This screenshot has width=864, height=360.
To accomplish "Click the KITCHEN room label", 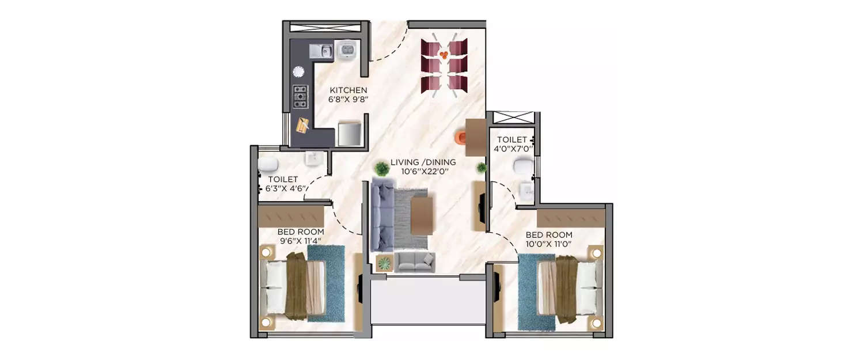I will [x=348, y=90].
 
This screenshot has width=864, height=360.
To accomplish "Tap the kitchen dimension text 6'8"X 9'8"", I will [x=348, y=99].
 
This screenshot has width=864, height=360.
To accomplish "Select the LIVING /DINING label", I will [x=423, y=162].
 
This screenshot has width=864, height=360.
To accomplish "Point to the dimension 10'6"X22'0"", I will [x=423, y=171].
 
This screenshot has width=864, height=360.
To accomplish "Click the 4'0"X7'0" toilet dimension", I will [x=512, y=149].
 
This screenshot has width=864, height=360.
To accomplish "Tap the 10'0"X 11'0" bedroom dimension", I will [x=549, y=244].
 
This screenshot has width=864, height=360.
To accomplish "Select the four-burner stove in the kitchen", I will [x=300, y=97].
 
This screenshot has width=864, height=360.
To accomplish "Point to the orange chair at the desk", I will [x=461, y=137].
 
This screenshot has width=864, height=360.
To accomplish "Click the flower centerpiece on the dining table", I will [x=444, y=55].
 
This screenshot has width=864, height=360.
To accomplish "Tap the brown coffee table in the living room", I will [x=422, y=216].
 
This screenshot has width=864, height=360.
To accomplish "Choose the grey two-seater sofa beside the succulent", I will [x=415, y=262].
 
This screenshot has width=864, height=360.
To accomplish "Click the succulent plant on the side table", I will [x=384, y=263].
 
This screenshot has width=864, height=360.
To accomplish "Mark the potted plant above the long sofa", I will [x=381, y=168].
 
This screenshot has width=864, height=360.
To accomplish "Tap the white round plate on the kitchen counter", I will [x=298, y=71].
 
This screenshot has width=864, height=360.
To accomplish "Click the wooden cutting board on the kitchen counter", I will [x=303, y=124].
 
